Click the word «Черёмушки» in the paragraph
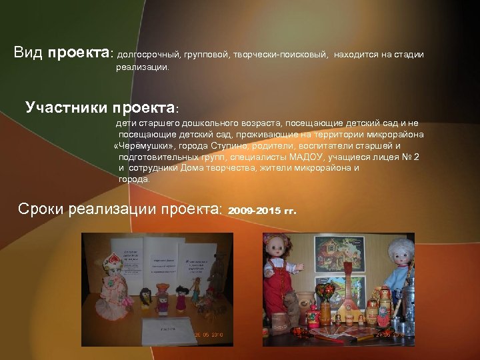(x=145, y=146)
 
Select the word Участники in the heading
(x=65, y=108)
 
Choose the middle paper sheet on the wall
(x=161, y=257)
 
